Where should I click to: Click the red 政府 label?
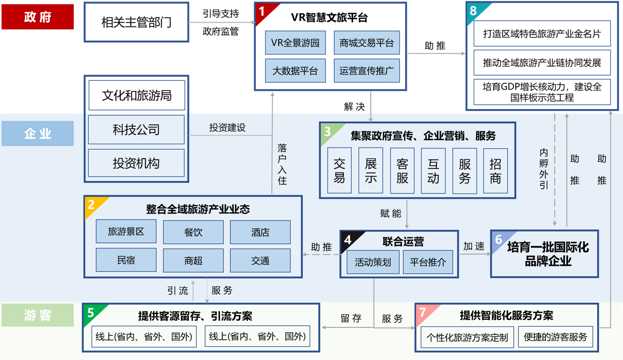click(x=38, y=17)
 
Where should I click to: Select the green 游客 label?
click(x=38, y=315)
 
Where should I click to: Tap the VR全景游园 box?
click(x=295, y=43)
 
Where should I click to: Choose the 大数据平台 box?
click(x=295, y=71)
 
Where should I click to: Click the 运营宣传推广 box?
click(x=367, y=71)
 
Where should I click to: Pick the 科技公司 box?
click(x=136, y=130)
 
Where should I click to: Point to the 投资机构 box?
click(x=136, y=163)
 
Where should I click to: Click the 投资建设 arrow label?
click(x=227, y=128)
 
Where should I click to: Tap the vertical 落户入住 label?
click(x=282, y=164)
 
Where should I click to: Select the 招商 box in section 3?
click(x=495, y=171)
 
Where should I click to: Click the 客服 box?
click(x=402, y=171)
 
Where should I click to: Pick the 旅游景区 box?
click(x=126, y=231)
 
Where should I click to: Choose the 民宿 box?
click(x=126, y=260)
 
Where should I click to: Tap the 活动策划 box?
click(x=373, y=262)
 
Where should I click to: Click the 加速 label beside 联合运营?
click(x=474, y=246)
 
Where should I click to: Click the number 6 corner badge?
click(x=498, y=239)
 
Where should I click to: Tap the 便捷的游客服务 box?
click(x=555, y=337)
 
